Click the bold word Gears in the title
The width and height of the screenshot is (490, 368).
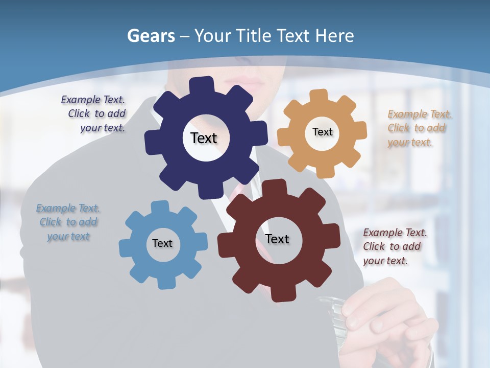[150, 36]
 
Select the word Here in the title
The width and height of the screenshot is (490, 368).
[334, 36]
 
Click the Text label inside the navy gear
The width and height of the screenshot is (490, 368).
[204, 138]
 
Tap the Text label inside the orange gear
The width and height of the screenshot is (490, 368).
[322, 132]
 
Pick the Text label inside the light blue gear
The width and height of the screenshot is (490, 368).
[162, 243]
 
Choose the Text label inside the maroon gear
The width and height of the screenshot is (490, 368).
[277, 239]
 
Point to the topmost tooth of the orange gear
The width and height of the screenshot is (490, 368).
[319, 96]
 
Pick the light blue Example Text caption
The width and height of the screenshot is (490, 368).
[68, 222]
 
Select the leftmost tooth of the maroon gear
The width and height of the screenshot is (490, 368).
[225, 246]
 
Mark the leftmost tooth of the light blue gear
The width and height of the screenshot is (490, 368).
[126, 247]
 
